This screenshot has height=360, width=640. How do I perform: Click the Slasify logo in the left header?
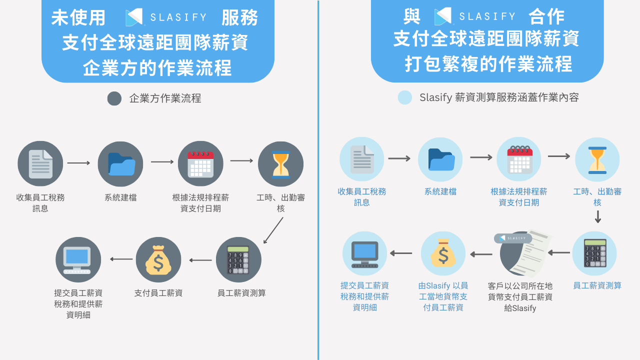click(166, 17)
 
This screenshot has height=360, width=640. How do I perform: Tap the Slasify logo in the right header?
click(474, 16)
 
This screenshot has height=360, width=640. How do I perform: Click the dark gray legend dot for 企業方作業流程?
click(114, 98)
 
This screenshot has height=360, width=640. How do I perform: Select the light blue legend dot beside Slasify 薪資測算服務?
click(405, 97)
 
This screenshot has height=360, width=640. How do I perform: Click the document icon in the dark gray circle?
click(40, 163)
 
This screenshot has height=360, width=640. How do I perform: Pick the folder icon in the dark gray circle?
click(120, 163)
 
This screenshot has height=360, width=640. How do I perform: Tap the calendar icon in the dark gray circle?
click(200, 163)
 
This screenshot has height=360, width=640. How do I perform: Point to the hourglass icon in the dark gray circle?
click(280, 164)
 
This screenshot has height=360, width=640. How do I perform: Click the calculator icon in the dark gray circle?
click(238, 259)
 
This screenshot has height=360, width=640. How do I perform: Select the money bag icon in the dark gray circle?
click(158, 259)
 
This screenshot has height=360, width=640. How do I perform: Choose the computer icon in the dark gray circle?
click(78, 259)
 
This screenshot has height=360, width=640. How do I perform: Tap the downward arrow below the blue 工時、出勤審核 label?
click(597, 217)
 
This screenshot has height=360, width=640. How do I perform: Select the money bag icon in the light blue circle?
click(443, 253)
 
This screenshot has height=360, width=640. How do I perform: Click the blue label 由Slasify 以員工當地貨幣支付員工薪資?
click(443, 296)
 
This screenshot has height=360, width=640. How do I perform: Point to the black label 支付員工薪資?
click(158, 293)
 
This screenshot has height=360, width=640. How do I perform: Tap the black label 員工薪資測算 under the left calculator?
click(241, 293)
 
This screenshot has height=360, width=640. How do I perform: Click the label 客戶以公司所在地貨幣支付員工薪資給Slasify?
click(520, 297)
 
